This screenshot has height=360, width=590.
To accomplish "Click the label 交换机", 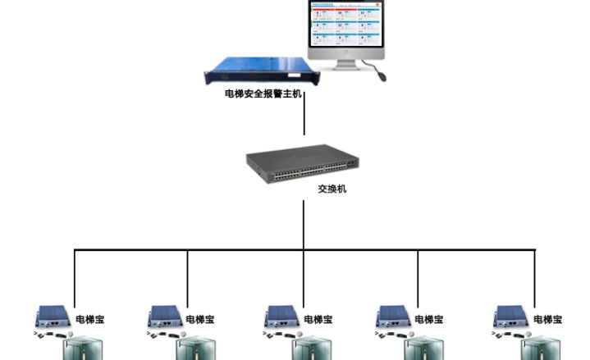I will click(x=332, y=189).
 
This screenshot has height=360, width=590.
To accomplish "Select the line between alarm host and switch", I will click(x=304, y=118).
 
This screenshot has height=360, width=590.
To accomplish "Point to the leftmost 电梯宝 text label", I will click(x=89, y=319).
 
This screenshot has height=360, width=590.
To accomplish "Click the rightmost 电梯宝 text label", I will click(x=547, y=319).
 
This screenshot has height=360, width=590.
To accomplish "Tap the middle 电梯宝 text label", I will click(x=318, y=319).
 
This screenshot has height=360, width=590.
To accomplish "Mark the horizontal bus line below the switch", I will click(x=246, y=250).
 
